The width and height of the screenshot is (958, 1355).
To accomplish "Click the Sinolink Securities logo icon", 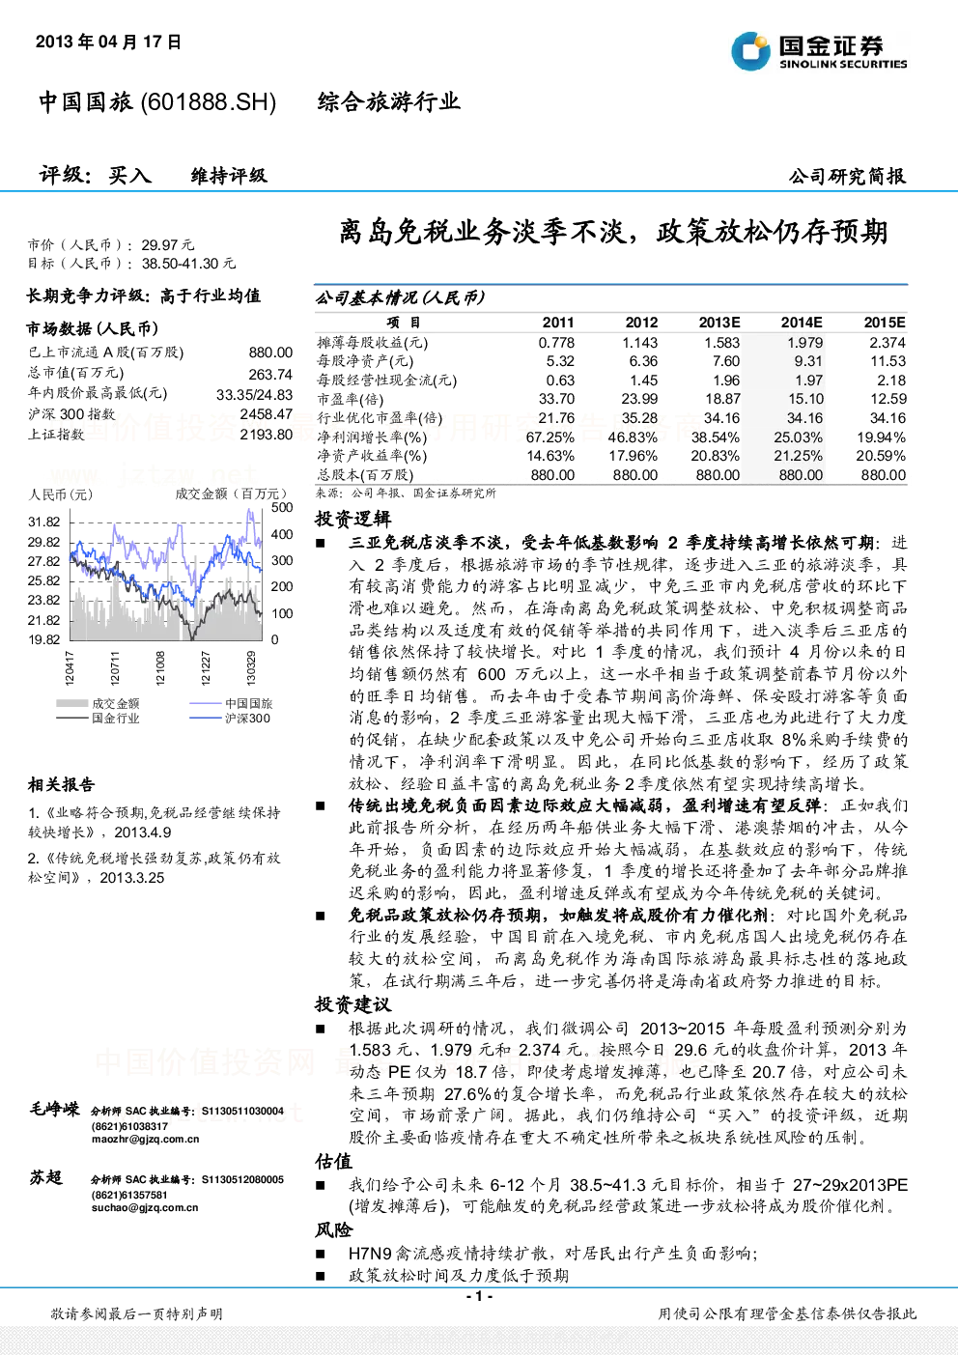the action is [x=750, y=51].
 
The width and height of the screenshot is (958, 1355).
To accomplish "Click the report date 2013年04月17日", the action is [x=108, y=42].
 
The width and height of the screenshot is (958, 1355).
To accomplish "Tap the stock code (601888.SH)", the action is [x=208, y=101].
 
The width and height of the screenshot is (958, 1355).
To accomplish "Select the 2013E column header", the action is [x=719, y=323].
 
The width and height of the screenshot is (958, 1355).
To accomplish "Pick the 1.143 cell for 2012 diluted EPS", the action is [x=640, y=343].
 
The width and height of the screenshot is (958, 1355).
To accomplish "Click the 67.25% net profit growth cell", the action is [x=550, y=438].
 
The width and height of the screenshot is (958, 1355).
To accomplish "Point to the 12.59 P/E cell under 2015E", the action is [x=888, y=399].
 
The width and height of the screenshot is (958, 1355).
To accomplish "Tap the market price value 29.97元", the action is [x=167, y=245].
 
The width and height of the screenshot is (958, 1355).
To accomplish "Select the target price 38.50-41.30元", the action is [x=188, y=264].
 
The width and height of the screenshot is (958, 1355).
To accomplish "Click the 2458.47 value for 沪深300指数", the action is [x=267, y=414].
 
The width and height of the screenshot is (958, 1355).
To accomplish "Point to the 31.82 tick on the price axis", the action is [x=44, y=522].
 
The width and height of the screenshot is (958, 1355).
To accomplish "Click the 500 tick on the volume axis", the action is [x=282, y=507].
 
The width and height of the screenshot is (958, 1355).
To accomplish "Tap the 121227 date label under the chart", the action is [x=206, y=667].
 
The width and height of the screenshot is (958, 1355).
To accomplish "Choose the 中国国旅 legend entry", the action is [x=231, y=703].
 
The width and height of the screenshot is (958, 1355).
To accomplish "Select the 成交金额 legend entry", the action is [x=98, y=703].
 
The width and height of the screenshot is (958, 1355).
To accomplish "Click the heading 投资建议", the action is [x=353, y=1004].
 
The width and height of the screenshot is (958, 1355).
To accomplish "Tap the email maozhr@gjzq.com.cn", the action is [x=145, y=1139].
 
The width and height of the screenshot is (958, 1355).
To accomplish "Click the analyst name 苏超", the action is [x=46, y=1177].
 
